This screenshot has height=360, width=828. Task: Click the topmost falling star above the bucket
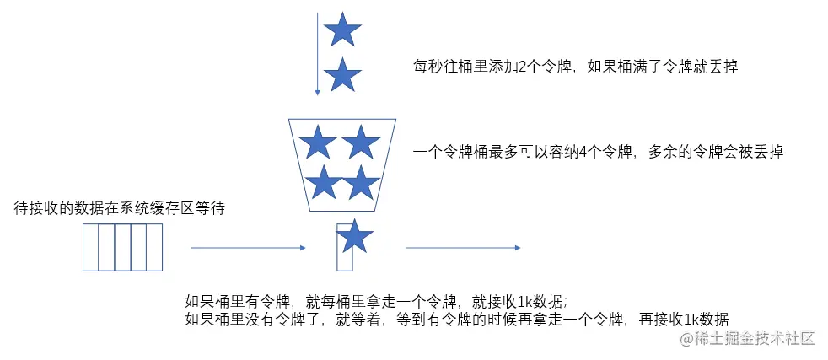coord(342,30)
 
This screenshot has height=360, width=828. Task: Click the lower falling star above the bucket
coord(342,75)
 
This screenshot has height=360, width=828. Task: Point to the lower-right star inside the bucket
coord(362,182)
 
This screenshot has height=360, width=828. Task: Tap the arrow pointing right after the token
coord(463,248)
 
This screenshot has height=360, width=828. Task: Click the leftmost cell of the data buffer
coord(91,247)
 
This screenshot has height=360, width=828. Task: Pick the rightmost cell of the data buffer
coord(153,247)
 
